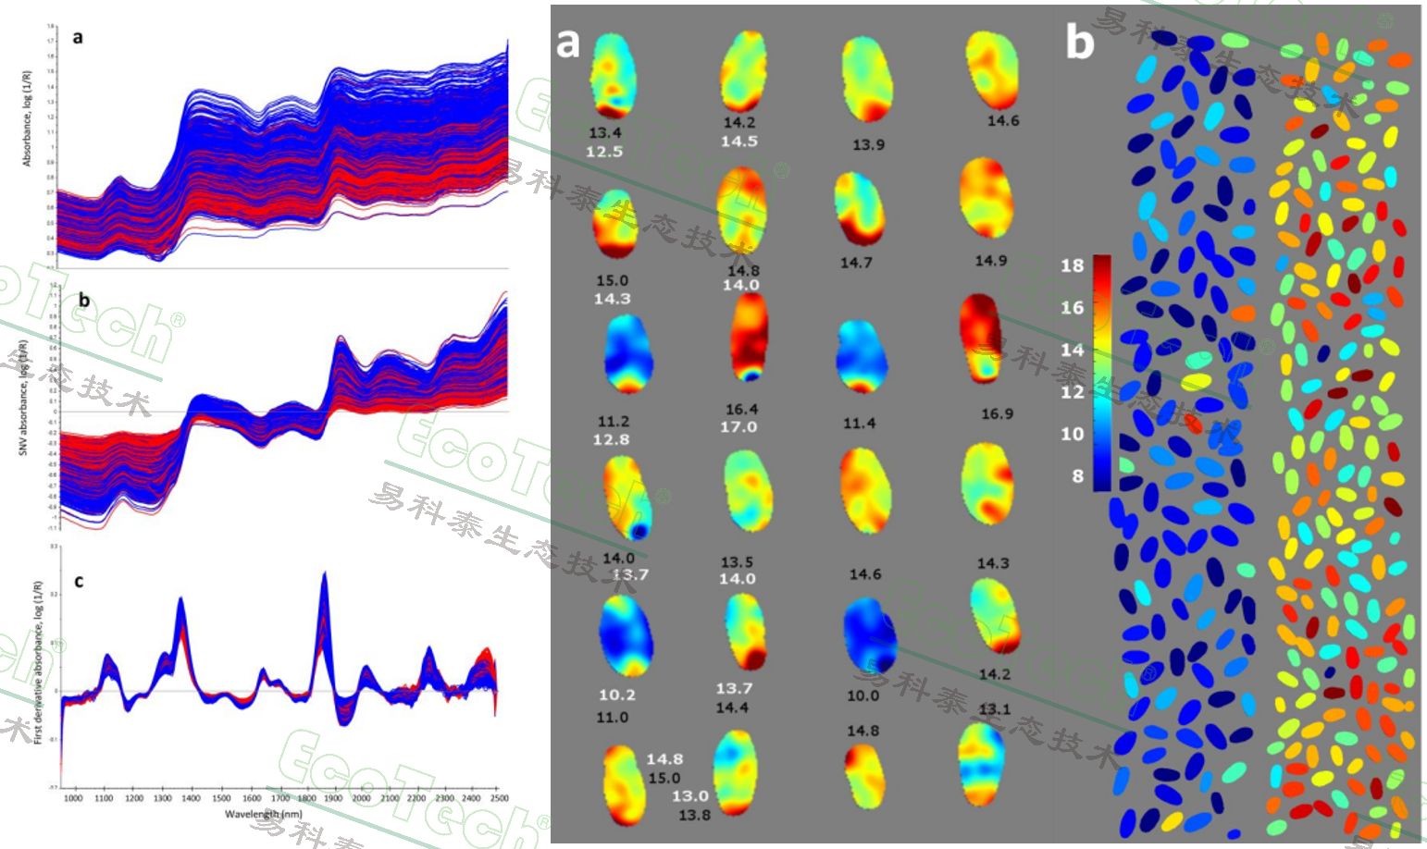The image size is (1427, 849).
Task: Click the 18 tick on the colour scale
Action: pyautogui.click(x=1072, y=266)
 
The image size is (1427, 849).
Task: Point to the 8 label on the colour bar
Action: pyautogui.click(x=1077, y=476)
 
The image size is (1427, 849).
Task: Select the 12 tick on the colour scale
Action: pyautogui.click(x=1072, y=392)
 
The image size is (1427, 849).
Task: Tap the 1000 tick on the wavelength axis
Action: pyautogui.click(x=73, y=798)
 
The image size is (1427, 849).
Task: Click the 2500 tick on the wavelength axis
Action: pyautogui.click(x=498, y=798)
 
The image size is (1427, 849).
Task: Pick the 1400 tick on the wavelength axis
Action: pyautogui.click(x=191, y=798)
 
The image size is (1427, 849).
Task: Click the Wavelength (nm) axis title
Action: pyautogui.click(x=264, y=814)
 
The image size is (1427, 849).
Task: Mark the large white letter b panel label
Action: pyautogui.click(x=1079, y=43)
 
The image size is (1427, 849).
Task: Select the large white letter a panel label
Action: pyautogui.click(x=567, y=43)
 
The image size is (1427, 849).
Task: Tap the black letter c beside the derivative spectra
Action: pyautogui.click(x=79, y=581)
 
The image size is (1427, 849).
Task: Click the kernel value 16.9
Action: pyautogui.click(x=997, y=413)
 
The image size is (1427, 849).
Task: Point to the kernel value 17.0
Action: pyautogui.click(x=738, y=427)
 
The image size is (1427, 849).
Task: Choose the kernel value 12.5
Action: pyautogui.click(x=604, y=152)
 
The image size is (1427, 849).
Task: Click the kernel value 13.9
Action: pyautogui.click(x=868, y=144)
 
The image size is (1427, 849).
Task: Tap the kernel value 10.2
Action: pyautogui.click(x=617, y=695)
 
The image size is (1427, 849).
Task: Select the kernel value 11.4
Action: pyautogui.click(x=859, y=423)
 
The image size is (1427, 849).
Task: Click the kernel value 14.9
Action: pyautogui.click(x=990, y=261)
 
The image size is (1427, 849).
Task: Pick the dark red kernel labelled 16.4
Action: pyautogui.click(x=750, y=338)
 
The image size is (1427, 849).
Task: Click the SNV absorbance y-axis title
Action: pyautogui.click(x=24, y=398)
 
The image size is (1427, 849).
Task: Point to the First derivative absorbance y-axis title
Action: pyautogui.click(x=38, y=662)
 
